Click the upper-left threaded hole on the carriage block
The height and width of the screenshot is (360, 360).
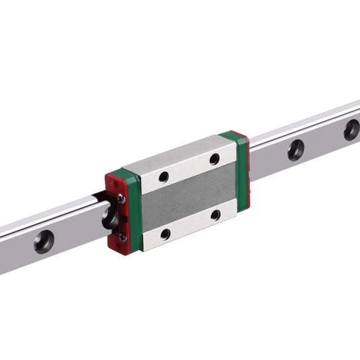coord(163,177)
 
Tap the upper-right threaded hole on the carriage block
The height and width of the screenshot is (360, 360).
coord(214,159)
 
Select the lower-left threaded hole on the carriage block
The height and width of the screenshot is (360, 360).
coord(165,234)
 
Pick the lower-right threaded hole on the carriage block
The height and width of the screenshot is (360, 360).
coord(215,215)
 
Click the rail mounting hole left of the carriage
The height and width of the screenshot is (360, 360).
coord(44,241)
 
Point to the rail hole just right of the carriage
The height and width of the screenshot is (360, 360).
coord(295,150)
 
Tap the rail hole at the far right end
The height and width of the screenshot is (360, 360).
coord(351,130)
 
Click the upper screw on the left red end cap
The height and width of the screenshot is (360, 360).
coord(121,199)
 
